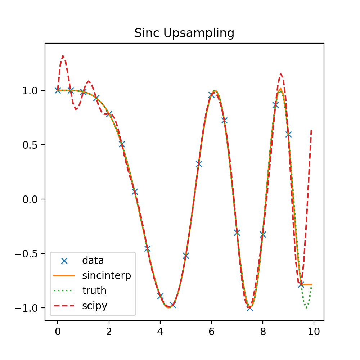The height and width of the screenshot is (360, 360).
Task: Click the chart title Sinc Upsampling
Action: click(x=184, y=33)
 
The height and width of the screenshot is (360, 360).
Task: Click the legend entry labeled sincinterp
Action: click(x=106, y=276)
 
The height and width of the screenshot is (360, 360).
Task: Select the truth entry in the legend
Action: click(x=94, y=291)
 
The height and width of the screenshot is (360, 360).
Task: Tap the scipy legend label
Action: click(x=95, y=306)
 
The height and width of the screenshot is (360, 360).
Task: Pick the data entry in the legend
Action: click(x=93, y=260)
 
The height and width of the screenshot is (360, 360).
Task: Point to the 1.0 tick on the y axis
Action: click(x=32, y=90)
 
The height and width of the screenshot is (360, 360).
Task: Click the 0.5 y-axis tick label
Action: click(x=32, y=145)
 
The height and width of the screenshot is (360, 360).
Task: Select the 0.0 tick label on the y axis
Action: click(x=32, y=199)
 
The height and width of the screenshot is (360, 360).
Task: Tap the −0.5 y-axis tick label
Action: click(x=30, y=253)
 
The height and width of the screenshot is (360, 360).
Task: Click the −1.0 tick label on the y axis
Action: click(x=30, y=308)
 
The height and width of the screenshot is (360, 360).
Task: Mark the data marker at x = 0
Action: click(x=58, y=90)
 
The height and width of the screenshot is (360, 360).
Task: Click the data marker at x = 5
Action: click(x=186, y=256)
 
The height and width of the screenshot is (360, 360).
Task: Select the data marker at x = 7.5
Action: click(x=250, y=308)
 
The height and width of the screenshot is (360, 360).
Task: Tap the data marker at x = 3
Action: click(x=135, y=192)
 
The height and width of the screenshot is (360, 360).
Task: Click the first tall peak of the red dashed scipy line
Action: click(x=63, y=56)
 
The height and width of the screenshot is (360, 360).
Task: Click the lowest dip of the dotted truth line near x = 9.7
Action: click(x=306, y=308)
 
